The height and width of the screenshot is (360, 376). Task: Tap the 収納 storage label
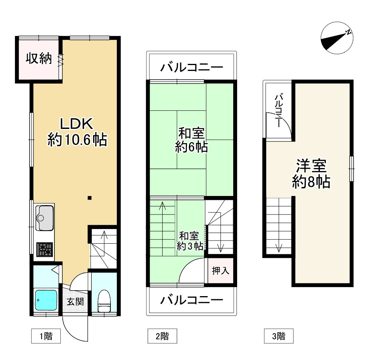point(39,59)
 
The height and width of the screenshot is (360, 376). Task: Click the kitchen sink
point(44,218)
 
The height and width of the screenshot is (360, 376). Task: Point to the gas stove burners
point(45,250)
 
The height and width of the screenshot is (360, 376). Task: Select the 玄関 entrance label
point(75,302)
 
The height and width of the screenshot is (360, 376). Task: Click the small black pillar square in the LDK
point(90,198)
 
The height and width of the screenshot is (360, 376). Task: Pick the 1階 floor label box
point(46,336)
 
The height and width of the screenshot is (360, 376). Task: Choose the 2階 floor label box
point(162,336)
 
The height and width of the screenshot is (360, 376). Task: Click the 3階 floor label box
point(279,336)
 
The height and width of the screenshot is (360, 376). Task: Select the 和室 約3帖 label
point(189,241)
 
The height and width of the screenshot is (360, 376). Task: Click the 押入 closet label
point(221,271)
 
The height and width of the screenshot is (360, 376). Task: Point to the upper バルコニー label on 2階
point(191,68)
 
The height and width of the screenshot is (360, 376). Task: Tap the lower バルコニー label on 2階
point(191,301)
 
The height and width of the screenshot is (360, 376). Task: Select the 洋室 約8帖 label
point(311,173)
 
